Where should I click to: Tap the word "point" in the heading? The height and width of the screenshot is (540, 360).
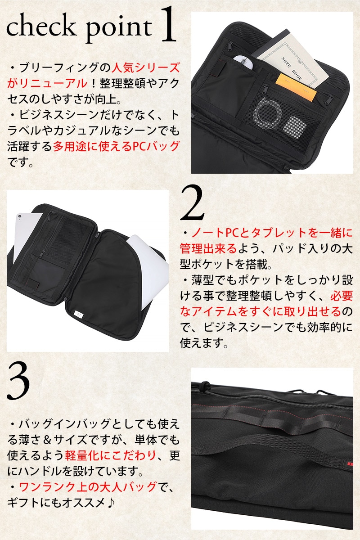tap(119, 28)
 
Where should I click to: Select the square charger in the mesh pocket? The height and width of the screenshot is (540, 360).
tap(294, 127)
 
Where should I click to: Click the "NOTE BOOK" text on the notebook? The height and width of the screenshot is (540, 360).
tap(291, 69)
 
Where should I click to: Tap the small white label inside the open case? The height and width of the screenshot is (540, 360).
tap(78, 314)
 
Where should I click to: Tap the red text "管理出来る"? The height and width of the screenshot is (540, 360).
tap(208, 248)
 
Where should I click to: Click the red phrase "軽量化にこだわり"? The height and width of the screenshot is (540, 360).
tap(110, 455)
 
